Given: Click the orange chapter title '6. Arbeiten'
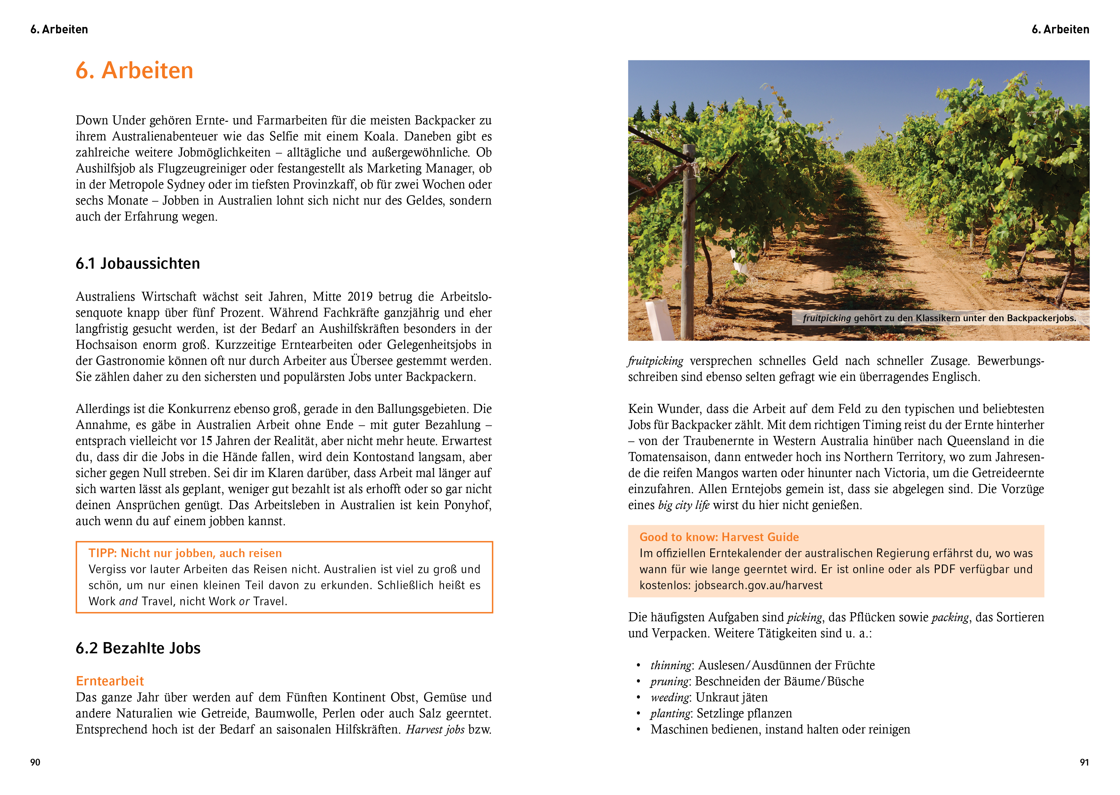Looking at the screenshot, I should click(x=135, y=71).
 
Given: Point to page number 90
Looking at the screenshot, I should click(x=35, y=762).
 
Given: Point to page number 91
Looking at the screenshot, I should click(x=1084, y=762).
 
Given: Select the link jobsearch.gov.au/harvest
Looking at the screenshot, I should click(x=758, y=585).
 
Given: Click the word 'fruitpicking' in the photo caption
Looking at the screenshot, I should click(x=827, y=318).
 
